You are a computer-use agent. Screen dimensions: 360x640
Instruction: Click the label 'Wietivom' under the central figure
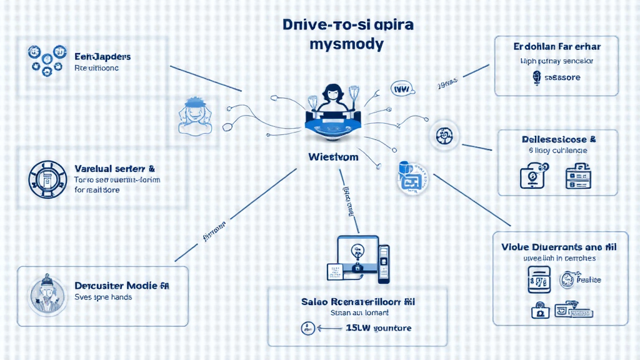(x=333, y=156)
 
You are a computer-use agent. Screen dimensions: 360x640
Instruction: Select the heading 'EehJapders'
(x=102, y=56)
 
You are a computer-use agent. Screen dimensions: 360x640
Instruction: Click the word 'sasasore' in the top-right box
(x=558, y=77)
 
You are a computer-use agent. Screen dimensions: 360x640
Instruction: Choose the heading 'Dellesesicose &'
(x=558, y=139)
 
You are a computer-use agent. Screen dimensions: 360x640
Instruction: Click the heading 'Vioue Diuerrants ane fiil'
(x=558, y=247)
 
